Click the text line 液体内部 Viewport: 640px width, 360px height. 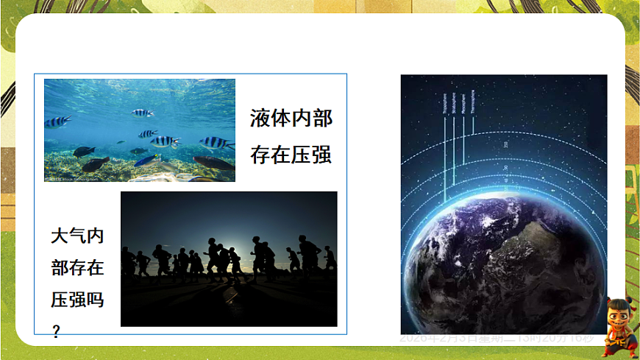click(291, 119)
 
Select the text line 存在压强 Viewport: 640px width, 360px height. click(291, 155)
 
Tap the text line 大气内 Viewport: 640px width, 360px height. click(77, 236)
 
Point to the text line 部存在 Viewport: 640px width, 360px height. click(77, 268)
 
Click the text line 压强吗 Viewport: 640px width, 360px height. click(77, 300)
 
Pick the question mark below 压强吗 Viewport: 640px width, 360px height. click(56, 332)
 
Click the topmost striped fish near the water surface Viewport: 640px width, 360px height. click(141, 113)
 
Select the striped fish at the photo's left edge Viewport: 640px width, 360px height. click(56, 122)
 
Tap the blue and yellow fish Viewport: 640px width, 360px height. click(147, 160)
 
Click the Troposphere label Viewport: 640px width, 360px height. click(445, 103)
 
